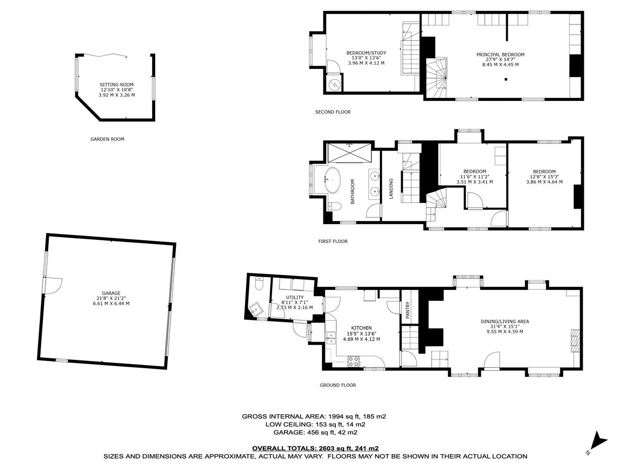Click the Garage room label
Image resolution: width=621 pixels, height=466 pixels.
point(107,292)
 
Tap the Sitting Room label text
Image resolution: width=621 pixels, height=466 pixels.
point(116,84)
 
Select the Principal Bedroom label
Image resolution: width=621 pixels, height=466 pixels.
point(500,54)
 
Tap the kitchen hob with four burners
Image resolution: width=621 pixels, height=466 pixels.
point(354,361)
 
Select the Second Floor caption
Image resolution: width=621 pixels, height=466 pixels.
point(332,112)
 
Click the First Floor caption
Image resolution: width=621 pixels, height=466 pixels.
point(333,241)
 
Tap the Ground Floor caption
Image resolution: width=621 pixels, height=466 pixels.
point(337,385)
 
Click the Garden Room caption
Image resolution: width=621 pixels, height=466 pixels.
point(107,139)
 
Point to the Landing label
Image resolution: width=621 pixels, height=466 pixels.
point(391,188)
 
